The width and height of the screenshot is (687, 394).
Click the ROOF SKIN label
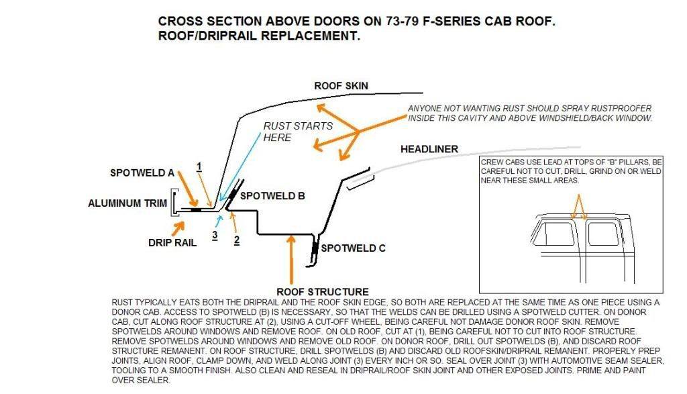tap(341, 86)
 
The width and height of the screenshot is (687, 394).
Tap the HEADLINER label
tap(429, 148)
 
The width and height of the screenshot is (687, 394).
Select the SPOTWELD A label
tap(142, 173)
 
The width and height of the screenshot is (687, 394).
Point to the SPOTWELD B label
tap(272, 196)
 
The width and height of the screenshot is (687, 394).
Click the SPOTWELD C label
tap(353, 248)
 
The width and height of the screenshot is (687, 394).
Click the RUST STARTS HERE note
tap(288, 132)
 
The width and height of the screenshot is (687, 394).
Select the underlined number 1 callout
tap(199, 165)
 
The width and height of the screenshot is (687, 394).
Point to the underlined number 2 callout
tap(236, 239)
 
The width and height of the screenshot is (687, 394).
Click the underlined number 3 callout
tap(215, 235)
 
